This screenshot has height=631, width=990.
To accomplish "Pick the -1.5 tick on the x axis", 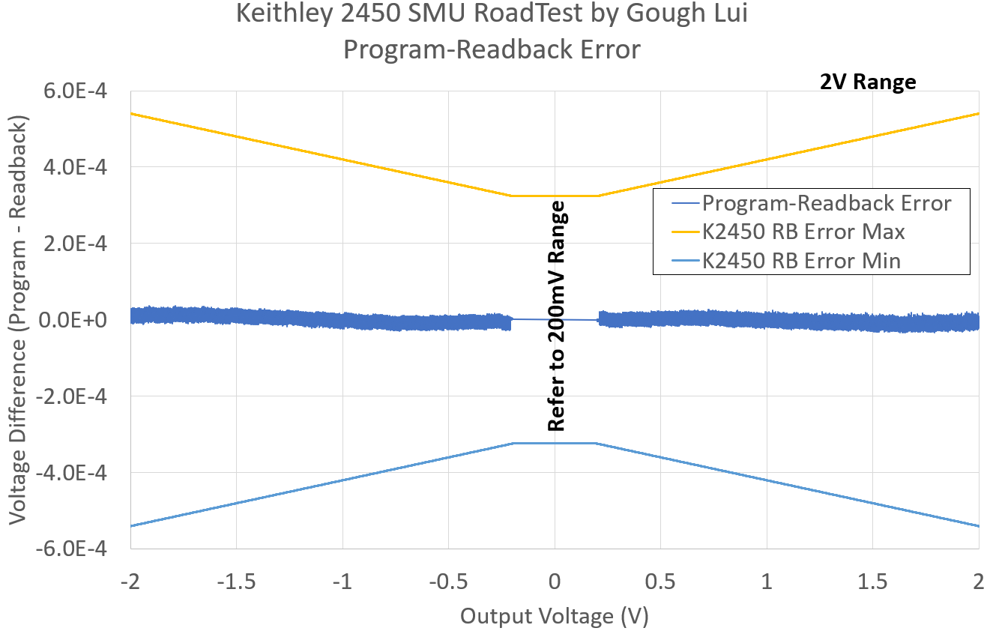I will coord(236,582).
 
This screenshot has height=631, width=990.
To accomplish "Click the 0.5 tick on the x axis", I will coord(660,582).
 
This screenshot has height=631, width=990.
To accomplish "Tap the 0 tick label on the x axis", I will coord(555,582).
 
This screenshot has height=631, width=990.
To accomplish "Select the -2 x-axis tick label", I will coord(130,582).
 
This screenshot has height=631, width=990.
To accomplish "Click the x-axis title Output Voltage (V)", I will coord(554,616).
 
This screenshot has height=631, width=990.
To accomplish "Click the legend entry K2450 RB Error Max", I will coord(803,232).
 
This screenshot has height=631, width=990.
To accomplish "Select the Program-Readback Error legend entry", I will coord(827,203).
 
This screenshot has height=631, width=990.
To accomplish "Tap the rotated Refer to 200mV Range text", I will coord(556,316).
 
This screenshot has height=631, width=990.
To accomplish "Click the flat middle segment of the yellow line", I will coord(555,196).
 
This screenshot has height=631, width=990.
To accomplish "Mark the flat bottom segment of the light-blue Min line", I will coord(555,443).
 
